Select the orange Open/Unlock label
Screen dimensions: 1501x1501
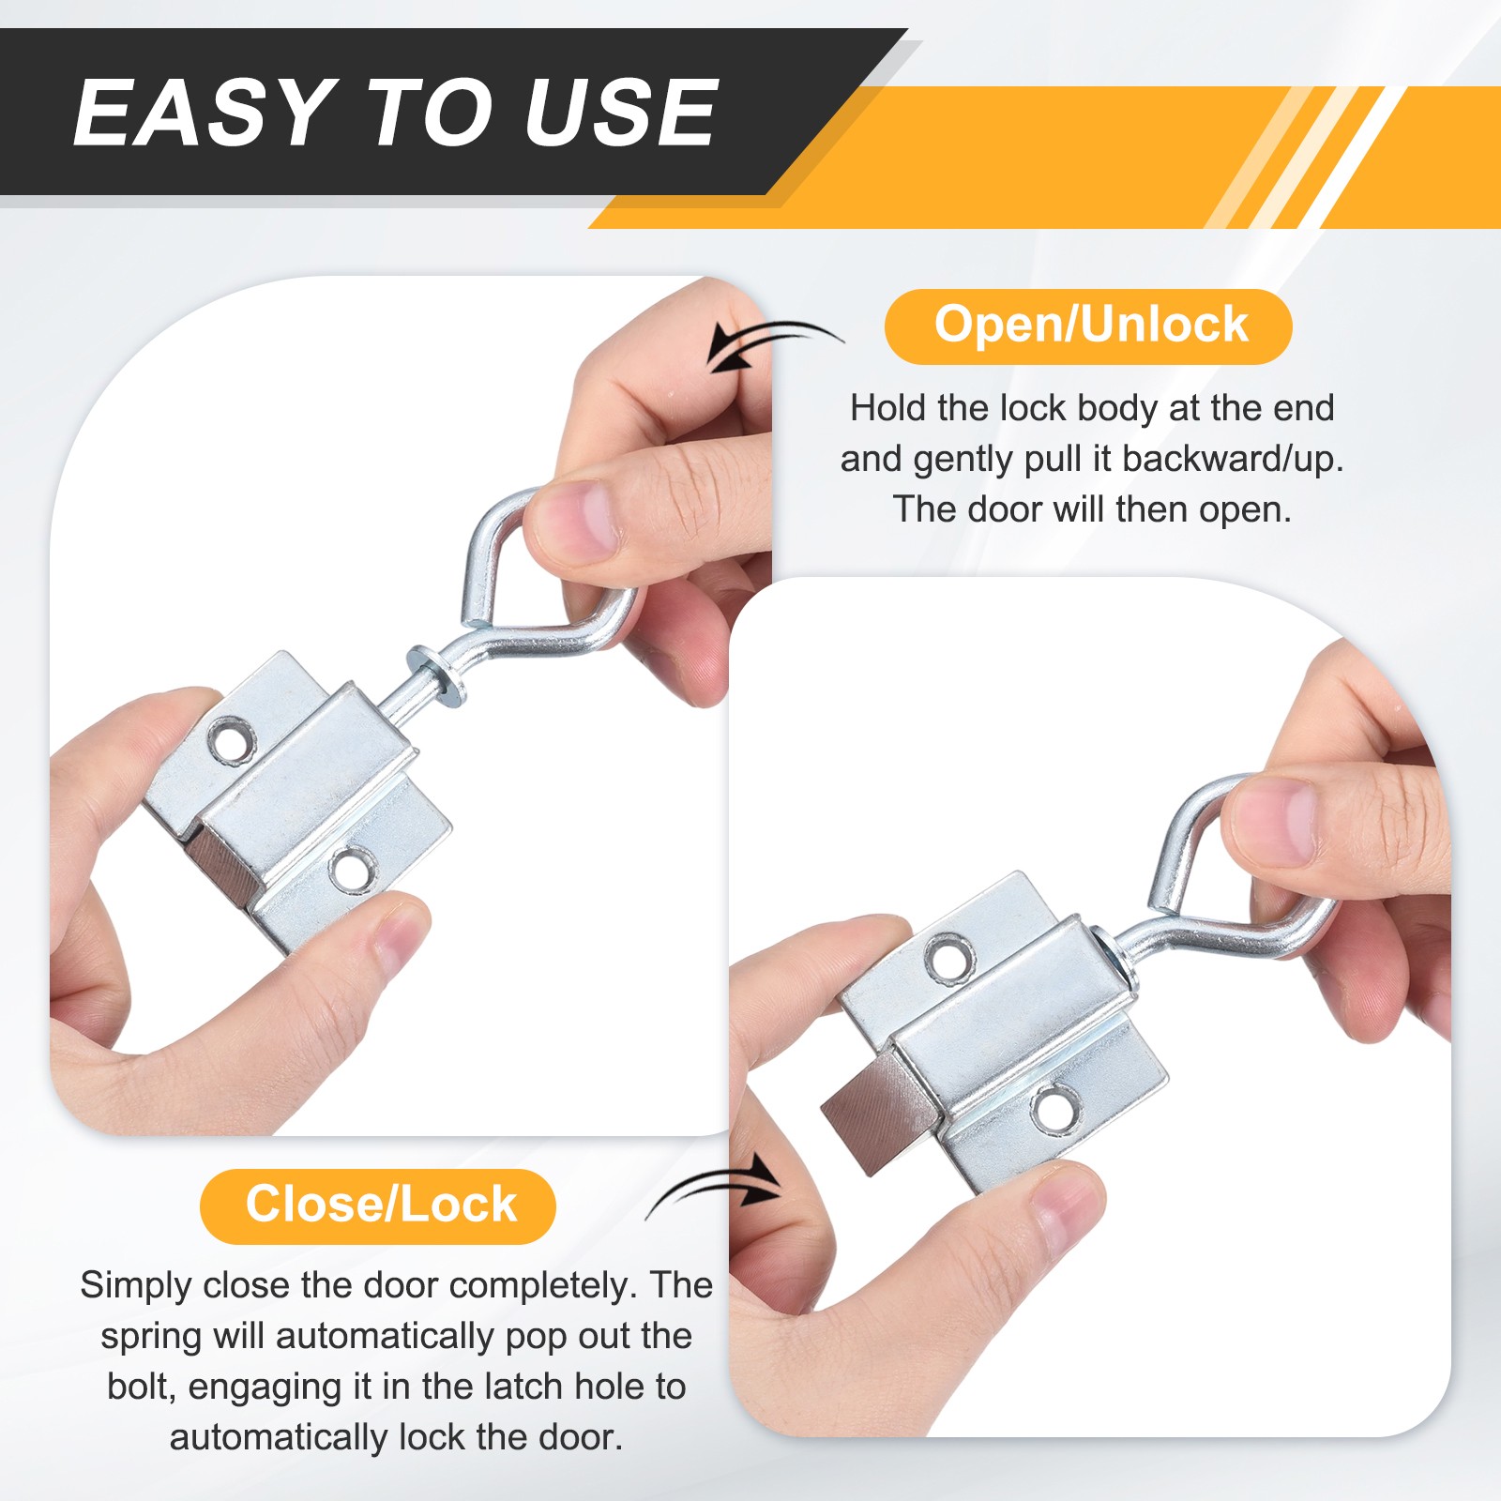click(1088, 326)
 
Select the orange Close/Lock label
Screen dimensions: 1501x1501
click(378, 1206)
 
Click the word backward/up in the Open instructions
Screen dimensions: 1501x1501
click(1233, 459)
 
